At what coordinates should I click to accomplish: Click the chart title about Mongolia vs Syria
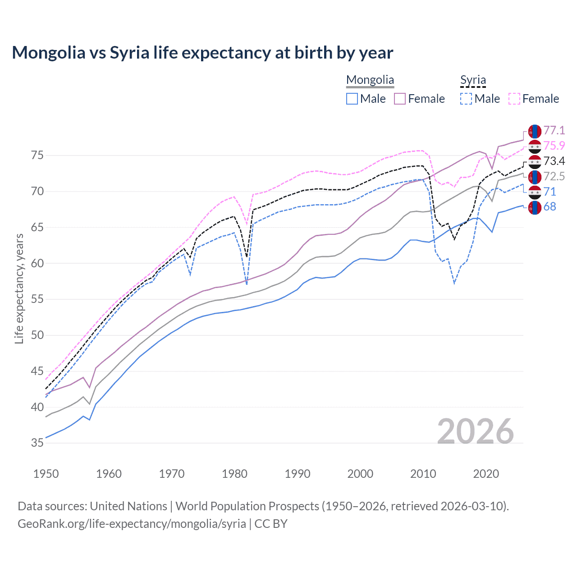202,53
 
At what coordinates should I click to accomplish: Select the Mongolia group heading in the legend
370,80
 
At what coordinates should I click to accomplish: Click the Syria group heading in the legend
473,80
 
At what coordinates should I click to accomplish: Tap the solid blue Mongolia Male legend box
352,99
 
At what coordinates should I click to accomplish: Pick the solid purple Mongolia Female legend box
400,99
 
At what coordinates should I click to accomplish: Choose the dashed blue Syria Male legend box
466,99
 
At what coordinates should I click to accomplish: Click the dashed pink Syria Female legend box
514,99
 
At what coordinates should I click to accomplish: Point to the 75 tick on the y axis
37,156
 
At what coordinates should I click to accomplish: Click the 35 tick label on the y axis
37,443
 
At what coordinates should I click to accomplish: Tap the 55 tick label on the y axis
37,299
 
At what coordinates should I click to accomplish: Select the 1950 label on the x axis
46,474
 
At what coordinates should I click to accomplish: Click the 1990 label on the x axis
298,474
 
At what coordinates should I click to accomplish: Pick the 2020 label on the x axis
486,474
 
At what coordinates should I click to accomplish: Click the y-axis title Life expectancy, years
19,288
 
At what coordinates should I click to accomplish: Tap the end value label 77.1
554,131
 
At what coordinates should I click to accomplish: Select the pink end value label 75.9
554,146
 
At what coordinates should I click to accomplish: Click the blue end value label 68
550,207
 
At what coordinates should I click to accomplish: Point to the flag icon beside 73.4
535,161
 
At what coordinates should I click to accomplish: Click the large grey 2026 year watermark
475,432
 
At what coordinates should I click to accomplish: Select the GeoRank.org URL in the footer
132,524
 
